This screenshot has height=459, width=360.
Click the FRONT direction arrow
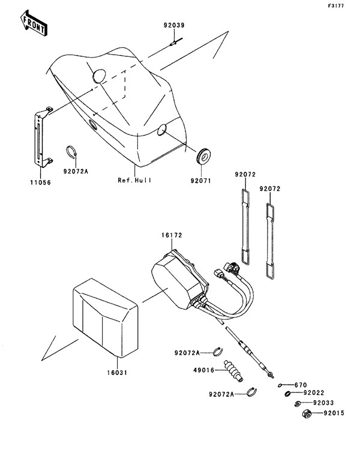pyautogui.click(x=34, y=23)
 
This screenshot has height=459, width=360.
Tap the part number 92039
pyautogui.click(x=174, y=25)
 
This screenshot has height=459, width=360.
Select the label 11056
pyautogui.click(x=41, y=182)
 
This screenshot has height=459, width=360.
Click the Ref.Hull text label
pyautogui.click(x=134, y=180)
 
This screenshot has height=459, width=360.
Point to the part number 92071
pyautogui.click(x=201, y=181)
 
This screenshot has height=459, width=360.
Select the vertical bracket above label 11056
pyautogui.click(x=43, y=137)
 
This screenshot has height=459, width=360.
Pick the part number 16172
pyautogui.click(x=172, y=235)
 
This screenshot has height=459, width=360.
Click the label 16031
pyautogui.click(x=117, y=373)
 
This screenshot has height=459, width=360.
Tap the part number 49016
pyautogui.click(x=204, y=370)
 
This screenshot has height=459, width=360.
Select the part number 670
pyautogui.click(x=301, y=385)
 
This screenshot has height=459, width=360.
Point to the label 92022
pyautogui.click(x=314, y=393)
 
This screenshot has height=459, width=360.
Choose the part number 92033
pyautogui.click(x=323, y=403)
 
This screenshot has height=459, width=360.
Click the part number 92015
pyautogui.click(x=334, y=413)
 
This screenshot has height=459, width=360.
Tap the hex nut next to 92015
pyautogui.click(x=307, y=414)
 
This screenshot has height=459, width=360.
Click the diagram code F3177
pyautogui.click(x=336, y=6)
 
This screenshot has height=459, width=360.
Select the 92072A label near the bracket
pyautogui.click(x=76, y=171)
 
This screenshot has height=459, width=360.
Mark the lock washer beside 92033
pyautogui.click(x=298, y=404)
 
